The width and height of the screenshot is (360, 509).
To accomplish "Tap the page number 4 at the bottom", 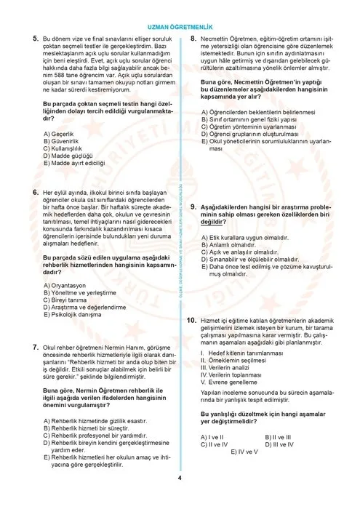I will (x=180, y=498).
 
